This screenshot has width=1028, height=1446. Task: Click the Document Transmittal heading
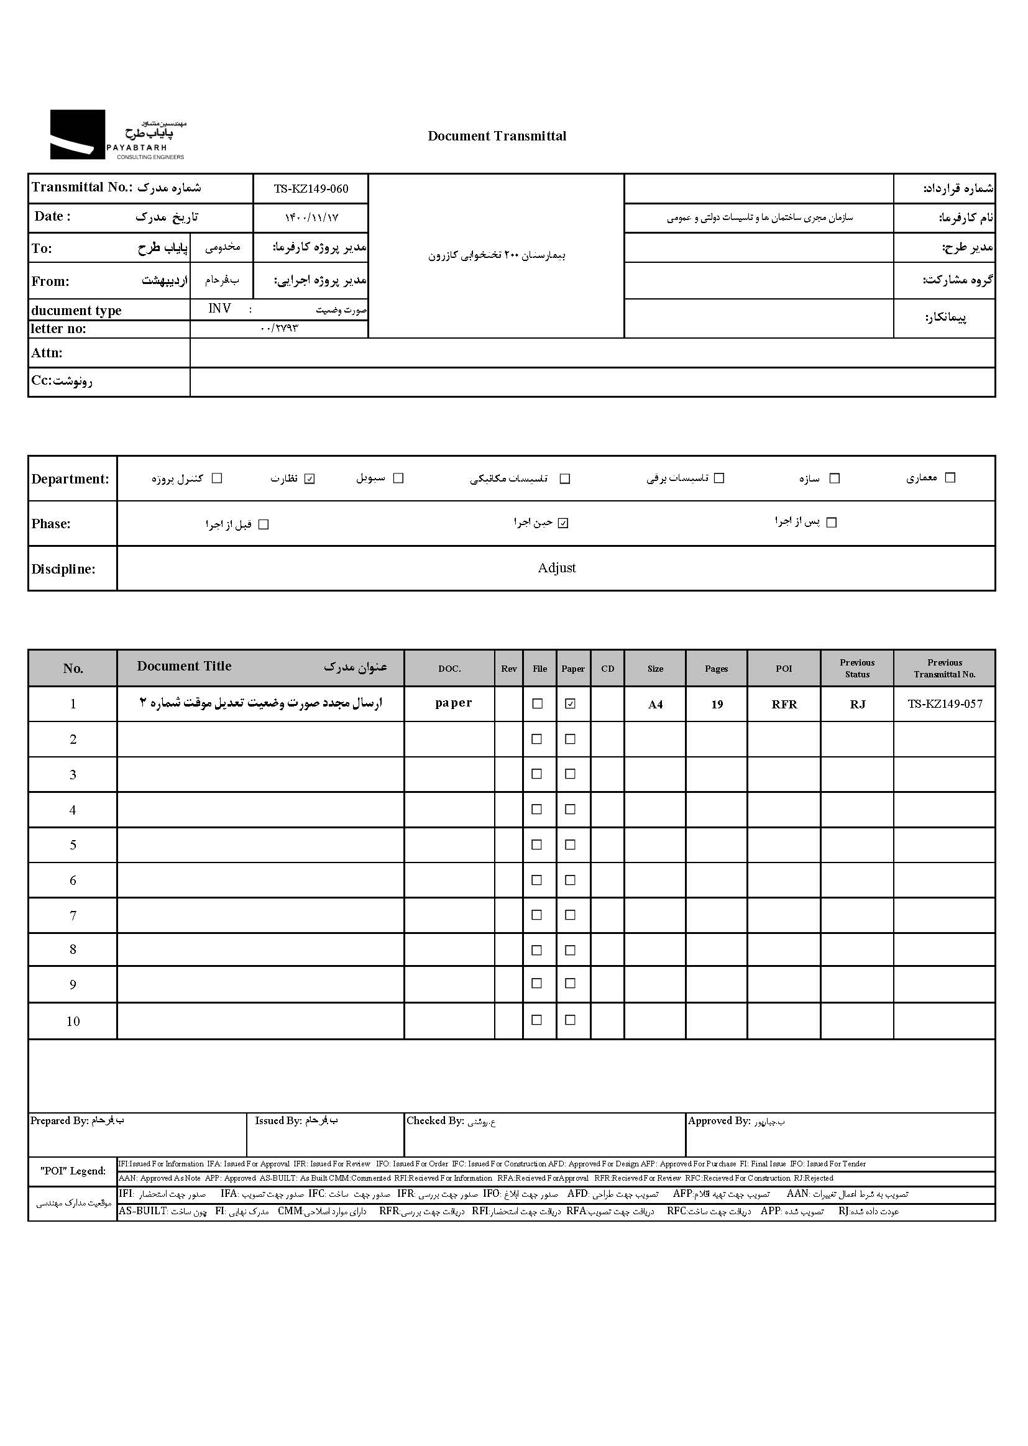pos(497,136)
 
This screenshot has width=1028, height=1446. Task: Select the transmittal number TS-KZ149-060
pos(311,188)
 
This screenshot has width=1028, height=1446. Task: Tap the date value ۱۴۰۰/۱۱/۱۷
pos(311,217)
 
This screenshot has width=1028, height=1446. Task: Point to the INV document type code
pos(219,309)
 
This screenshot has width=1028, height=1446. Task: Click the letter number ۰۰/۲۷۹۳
pos(278,329)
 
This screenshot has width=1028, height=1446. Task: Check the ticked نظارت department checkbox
pos(310,478)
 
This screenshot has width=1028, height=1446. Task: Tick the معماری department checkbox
pos(950,478)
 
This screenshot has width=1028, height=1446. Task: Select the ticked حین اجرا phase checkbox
pos(563,523)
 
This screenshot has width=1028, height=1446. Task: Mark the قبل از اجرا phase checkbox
pos(264,524)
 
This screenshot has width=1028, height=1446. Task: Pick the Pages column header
pos(716,669)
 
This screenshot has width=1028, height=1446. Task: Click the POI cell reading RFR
pos(784,704)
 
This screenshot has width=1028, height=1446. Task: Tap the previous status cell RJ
pos(857,704)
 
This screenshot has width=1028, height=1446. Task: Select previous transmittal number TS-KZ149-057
pos(945,703)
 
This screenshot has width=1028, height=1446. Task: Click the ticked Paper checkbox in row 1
pos(571,703)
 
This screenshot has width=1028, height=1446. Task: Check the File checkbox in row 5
pos(537,845)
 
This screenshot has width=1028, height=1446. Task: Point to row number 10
pos(73,1022)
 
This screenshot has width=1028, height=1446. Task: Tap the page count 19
pos(717,705)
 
